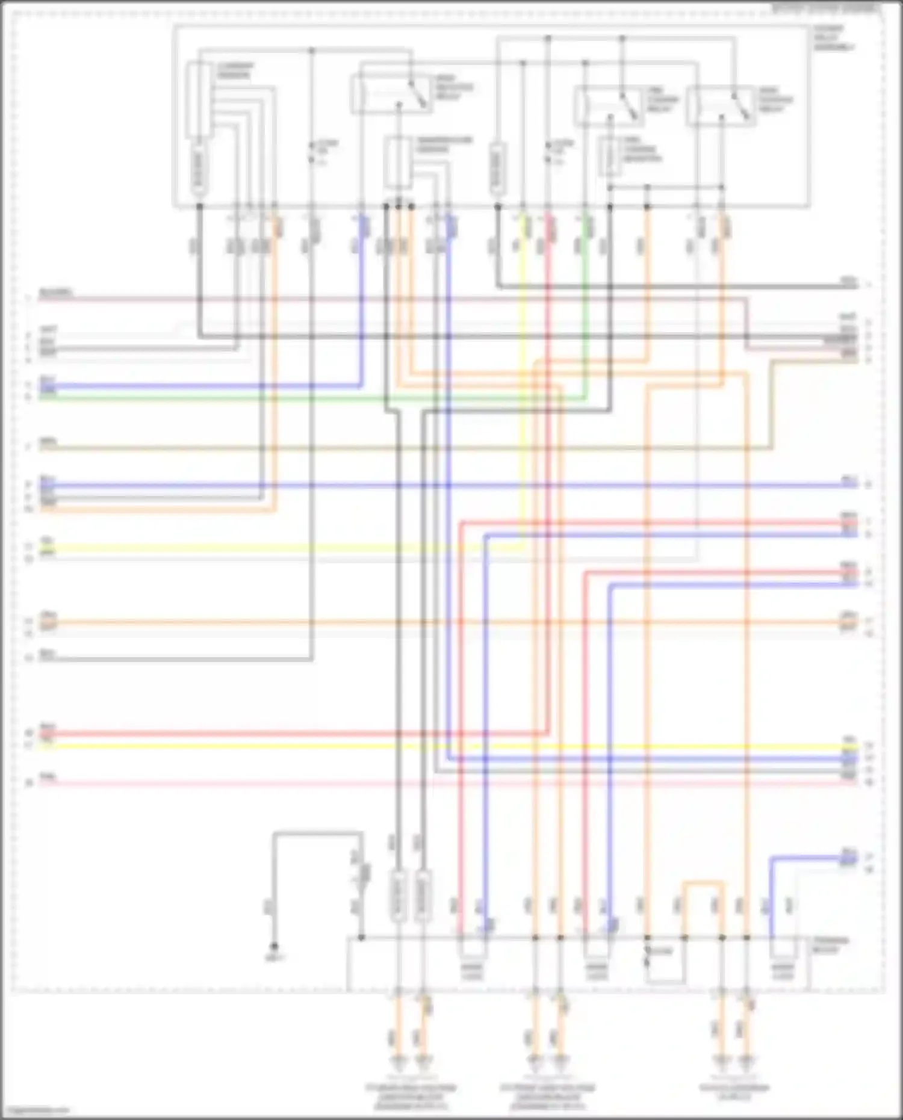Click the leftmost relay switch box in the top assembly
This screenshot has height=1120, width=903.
point(390,95)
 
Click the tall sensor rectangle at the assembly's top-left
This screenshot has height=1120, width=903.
point(199,99)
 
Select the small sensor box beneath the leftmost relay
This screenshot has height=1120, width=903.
point(397,162)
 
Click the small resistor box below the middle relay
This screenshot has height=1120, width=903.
point(609,156)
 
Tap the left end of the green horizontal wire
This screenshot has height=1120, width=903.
point(42,398)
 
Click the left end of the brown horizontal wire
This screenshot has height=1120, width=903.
point(42,448)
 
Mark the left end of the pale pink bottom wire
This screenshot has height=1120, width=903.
point(42,783)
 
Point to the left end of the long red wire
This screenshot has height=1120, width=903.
point(42,733)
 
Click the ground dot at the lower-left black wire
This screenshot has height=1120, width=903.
point(274,945)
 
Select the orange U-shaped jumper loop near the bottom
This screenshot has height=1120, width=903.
point(703,885)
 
